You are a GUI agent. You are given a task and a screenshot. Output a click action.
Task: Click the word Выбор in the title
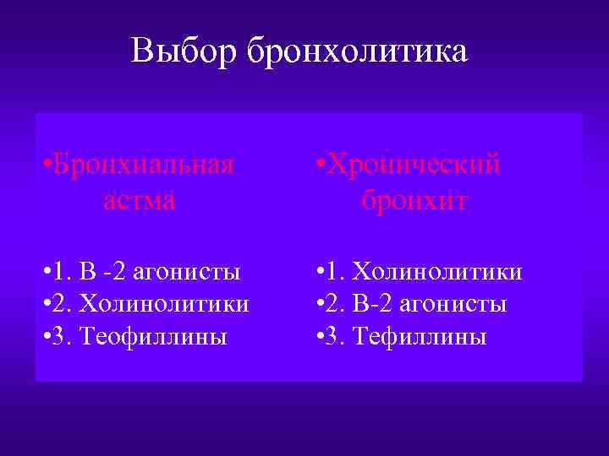[x=186, y=52]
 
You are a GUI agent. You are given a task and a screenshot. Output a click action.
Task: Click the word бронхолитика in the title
[x=357, y=52]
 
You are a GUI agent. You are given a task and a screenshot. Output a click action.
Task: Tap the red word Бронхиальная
[x=143, y=163]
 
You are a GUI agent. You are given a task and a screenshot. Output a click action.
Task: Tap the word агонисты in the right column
[x=458, y=304]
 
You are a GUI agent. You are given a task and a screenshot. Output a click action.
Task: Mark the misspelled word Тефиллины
[x=424, y=337]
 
